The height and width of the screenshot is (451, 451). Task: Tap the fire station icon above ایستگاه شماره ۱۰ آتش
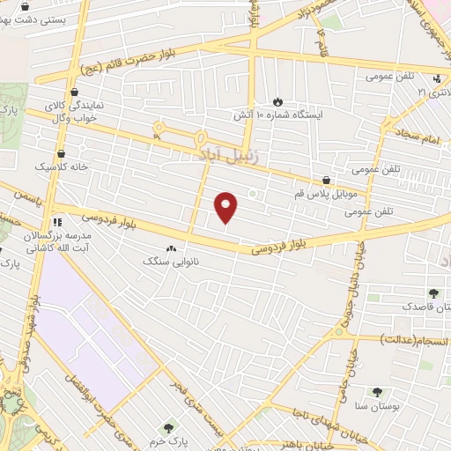[x=278, y=101]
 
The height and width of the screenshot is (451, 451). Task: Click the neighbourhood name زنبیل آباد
[x=218, y=155]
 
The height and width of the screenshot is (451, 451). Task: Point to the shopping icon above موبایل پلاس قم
[x=327, y=180]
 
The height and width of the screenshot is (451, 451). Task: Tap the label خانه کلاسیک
[x=55, y=166]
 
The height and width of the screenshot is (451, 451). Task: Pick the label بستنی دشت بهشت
[x=36, y=18]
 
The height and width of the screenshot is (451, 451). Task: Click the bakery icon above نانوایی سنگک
[x=170, y=249]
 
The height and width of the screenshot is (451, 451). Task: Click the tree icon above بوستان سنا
[x=377, y=391]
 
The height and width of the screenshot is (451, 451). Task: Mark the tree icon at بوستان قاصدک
[x=433, y=293]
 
